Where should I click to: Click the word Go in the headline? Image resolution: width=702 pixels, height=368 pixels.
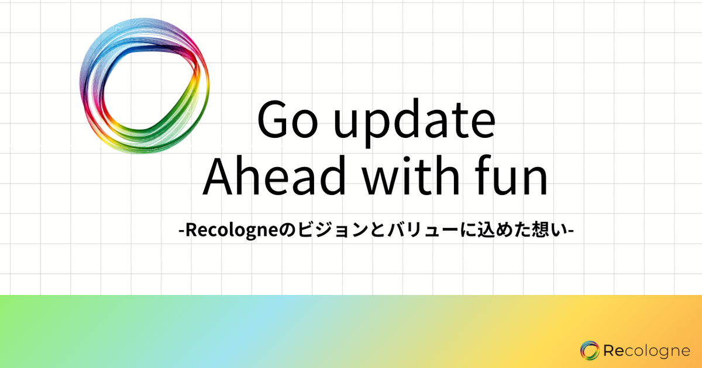[287, 120]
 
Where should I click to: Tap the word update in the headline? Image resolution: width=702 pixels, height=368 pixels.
[415, 123]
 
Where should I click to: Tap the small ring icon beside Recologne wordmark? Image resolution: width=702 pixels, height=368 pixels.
[590, 350]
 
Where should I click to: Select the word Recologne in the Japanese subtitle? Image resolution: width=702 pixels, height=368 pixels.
[232, 231]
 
